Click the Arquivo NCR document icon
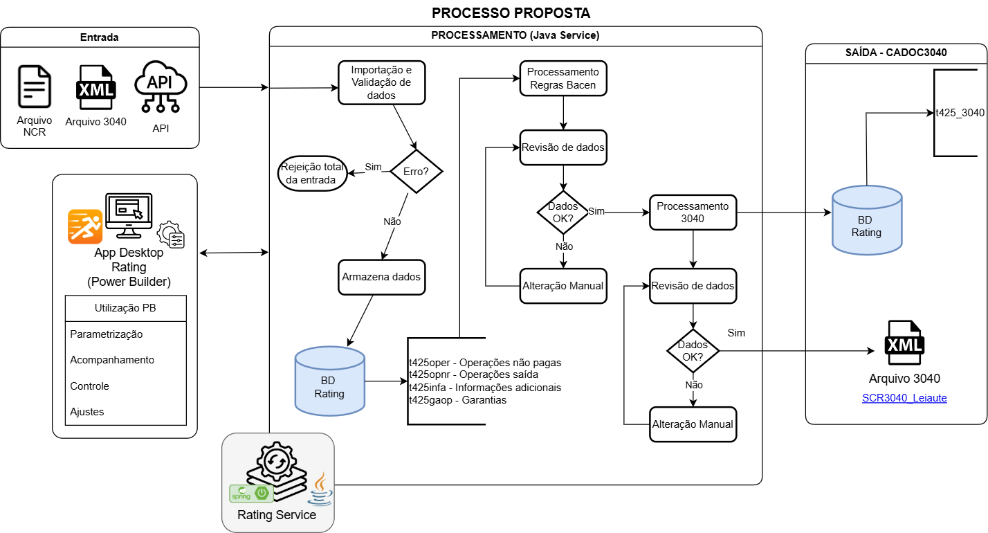tap(35, 88)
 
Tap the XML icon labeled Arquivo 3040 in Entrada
tap(95, 87)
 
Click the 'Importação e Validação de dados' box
tap(381, 82)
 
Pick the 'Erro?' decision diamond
tap(416, 171)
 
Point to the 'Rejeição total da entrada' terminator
tap(313, 173)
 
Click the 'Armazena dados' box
tap(381, 276)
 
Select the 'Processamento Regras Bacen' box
tap(563, 78)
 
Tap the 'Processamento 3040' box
tap(693, 212)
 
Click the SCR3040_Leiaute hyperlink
tap(904, 398)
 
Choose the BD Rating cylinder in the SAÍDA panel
tap(866, 220)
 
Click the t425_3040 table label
tap(959, 113)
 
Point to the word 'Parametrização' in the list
tap(107, 334)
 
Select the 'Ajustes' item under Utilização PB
tap(87, 412)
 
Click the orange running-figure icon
tap(85, 226)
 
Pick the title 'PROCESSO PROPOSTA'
tap(511, 13)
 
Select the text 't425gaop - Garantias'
tap(457, 400)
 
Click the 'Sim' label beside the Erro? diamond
tap(373, 167)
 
